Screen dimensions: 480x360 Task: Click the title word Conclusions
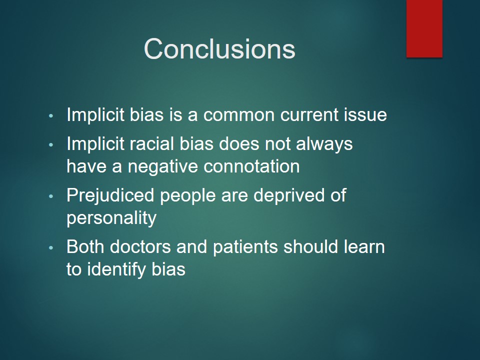coord(219,48)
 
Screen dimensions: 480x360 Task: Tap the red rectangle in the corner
coord(424,28)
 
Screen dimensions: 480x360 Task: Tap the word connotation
coord(251,166)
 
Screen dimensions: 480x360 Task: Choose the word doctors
coord(140,246)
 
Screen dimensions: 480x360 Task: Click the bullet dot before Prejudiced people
coord(51,196)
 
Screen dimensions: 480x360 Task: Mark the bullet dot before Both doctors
coord(51,247)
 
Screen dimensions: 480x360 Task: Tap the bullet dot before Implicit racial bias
coord(51,144)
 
